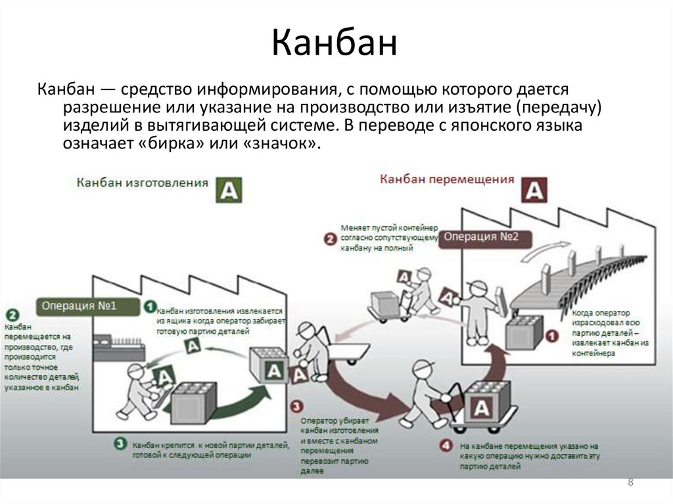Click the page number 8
click(631, 483)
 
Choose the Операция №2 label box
click(482, 237)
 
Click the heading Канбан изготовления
click(143, 182)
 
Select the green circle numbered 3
click(120, 444)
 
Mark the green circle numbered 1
click(150, 306)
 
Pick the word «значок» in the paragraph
click(280, 144)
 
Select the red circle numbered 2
click(331, 239)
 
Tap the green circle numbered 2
click(12, 315)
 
